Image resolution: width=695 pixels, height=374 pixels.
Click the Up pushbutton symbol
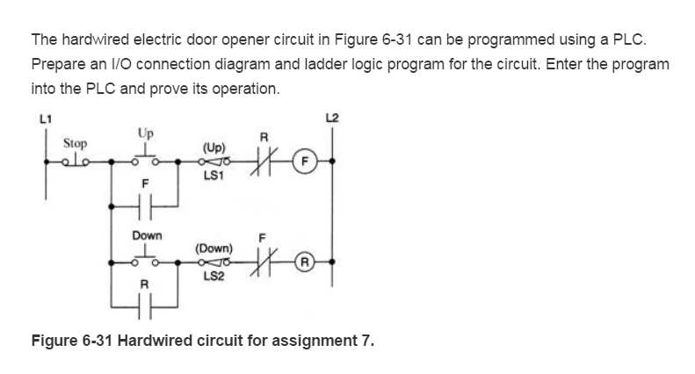pos(143,157)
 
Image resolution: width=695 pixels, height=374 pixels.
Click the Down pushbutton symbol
pos(144,258)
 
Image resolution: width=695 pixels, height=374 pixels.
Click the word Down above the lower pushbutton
pos(146,235)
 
